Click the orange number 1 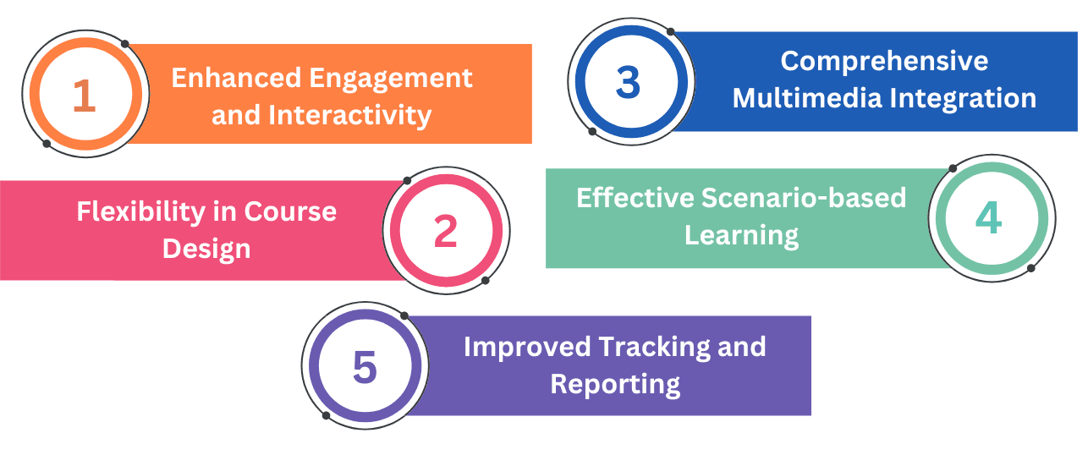tap(84, 96)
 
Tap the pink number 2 tap(446, 231)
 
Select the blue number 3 tap(628, 82)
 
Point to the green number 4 tap(988, 218)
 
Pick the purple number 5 tap(365, 367)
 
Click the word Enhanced tap(237, 78)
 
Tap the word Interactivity tap(349, 116)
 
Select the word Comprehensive tap(884, 62)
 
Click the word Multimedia tap(807, 98)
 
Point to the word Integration tap(963, 99)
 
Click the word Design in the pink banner tap(206, 249)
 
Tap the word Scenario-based tap(804, 198)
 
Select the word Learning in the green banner tap(741, 236)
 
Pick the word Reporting tap(615, 385)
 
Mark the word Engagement tap(391, 79)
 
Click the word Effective tap(635, 198)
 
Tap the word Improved tap(527, 348)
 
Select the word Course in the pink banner tap(290, 211)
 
